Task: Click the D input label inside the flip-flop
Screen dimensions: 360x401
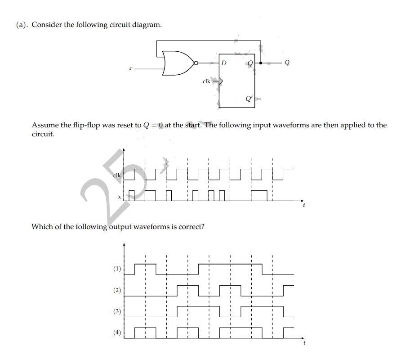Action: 223,63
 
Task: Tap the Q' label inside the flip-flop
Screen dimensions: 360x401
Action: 248,99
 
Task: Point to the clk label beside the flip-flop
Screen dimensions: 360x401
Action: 206,81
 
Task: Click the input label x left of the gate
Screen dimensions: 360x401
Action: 130,69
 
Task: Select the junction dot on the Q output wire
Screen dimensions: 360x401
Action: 261,63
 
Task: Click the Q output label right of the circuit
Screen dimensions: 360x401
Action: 287,63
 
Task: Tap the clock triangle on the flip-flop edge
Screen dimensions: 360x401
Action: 220,81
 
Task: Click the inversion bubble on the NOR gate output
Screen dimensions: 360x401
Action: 196,63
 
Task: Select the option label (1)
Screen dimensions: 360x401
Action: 117,269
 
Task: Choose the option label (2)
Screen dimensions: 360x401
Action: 117,290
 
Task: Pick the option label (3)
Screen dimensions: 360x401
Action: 117,311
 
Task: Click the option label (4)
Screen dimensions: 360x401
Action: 117,333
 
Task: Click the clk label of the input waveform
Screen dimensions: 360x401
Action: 116,175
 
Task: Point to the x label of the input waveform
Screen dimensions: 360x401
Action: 120,197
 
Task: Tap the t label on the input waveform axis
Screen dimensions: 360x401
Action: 304,205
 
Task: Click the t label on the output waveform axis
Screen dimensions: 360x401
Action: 304,343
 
